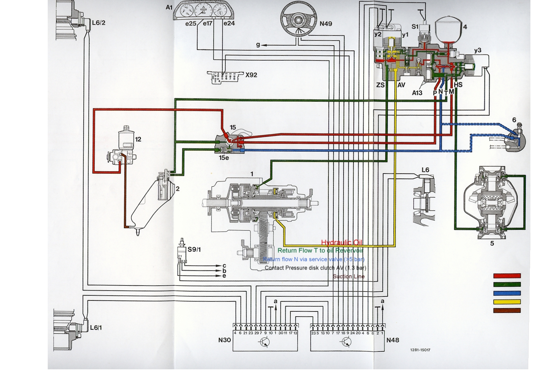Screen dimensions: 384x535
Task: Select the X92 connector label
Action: (x=251, y=75)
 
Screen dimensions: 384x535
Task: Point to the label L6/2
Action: (x=98, y=23)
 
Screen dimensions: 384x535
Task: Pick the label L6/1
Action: (x=96, y=328)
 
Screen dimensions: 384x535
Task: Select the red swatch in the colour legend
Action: (x=507, y=276)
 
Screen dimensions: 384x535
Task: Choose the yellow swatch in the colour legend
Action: (x=507, y=302)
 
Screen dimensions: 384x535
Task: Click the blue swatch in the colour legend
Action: (x=507, y=293)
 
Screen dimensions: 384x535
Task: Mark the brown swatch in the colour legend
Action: (x=507, y=311)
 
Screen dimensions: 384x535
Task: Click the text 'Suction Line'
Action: (x=348, y=277)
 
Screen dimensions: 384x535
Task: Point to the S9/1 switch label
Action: (x=194, y=250)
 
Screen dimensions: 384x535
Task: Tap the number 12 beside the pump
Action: (x=138, y=139)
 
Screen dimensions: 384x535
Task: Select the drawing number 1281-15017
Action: (x=420, y=350)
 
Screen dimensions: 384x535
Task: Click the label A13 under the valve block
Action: (x=417, y=93)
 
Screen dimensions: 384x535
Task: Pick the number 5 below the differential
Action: (x=492, y=243)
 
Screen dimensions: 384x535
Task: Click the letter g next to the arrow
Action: (x=258, y=45)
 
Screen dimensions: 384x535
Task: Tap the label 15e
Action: (x=224, y=158)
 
